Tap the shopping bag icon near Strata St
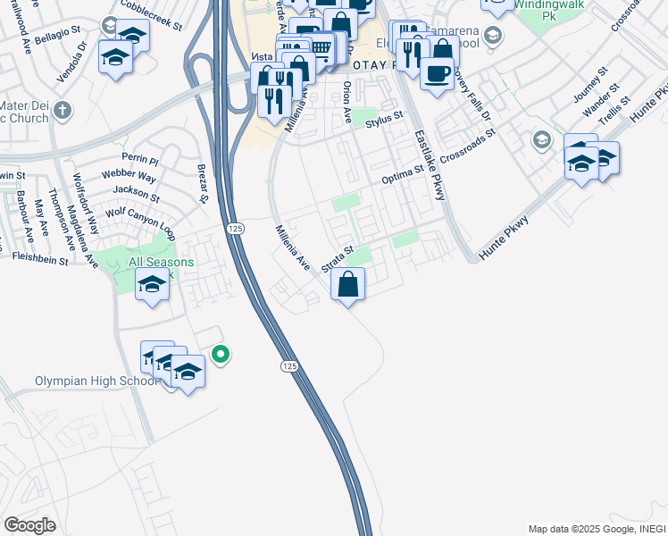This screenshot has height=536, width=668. pos(347,285)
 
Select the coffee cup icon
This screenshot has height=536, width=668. pos(437,74)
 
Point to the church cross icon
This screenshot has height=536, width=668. pos(61,111)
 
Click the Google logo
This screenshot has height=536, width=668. pos(29,524)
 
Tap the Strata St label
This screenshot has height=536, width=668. pos(338,255)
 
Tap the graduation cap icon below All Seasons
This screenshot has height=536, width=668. pos(152,285)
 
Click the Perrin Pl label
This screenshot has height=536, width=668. pos(141,162)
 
